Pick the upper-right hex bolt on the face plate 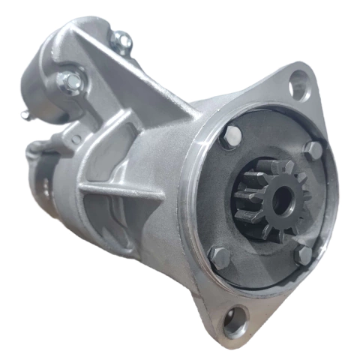point(313,149)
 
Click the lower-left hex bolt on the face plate point(220,257)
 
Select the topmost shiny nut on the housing point(121,40)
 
